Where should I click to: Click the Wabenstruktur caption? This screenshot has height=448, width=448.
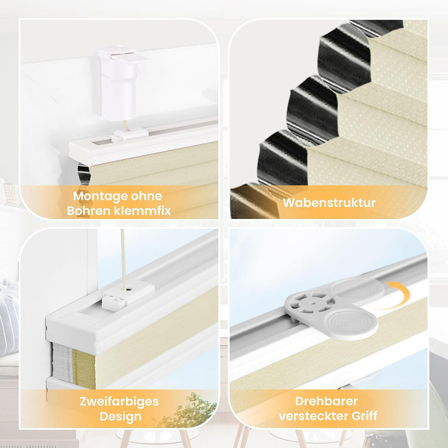[329, 203]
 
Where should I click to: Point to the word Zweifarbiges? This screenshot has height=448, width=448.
[119, 402]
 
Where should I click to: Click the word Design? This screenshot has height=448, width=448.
[121, 416]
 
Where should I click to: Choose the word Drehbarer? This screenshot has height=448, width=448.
[326, 401]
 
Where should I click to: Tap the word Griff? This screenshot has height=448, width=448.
[364, 416]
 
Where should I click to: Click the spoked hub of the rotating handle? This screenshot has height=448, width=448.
[311, 304]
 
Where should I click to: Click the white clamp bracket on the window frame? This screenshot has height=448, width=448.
[119, 83]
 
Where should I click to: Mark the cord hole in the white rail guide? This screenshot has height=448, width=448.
[127, 289]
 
